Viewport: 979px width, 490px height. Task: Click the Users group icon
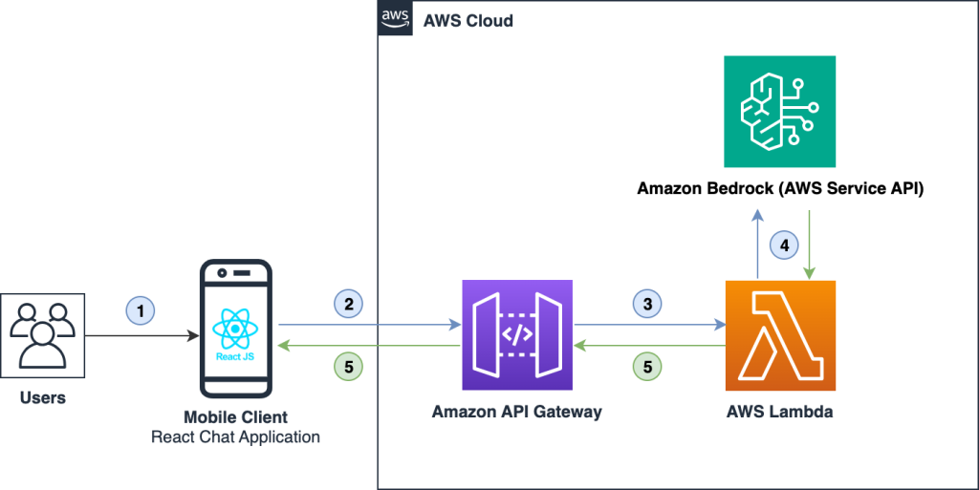tap(42, 334)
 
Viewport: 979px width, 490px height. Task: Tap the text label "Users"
tap(43, 397)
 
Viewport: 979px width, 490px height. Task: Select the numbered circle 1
tap(140, 311)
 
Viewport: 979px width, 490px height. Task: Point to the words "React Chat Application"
tap(235, 437)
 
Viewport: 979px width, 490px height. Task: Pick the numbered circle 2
tap(349, 304)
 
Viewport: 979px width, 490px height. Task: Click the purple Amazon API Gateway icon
tap(517, 335)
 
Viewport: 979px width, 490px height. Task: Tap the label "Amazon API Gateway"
tap(517, 412)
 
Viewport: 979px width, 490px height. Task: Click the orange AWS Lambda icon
tap(780, 335)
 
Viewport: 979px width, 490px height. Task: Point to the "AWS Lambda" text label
tap(780, 412)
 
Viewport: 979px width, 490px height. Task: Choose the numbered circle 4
tap(784, 245)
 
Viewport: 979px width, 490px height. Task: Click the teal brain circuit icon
tap(780, 112)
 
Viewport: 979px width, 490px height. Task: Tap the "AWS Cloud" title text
tap(468, 20)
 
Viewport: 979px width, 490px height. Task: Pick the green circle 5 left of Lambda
tap(647, 365)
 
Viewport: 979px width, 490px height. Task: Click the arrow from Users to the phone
tap(143, 336)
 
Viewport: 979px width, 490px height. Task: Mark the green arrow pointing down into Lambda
tap(811, 244)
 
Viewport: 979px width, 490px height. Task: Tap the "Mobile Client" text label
tap(235, 418)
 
